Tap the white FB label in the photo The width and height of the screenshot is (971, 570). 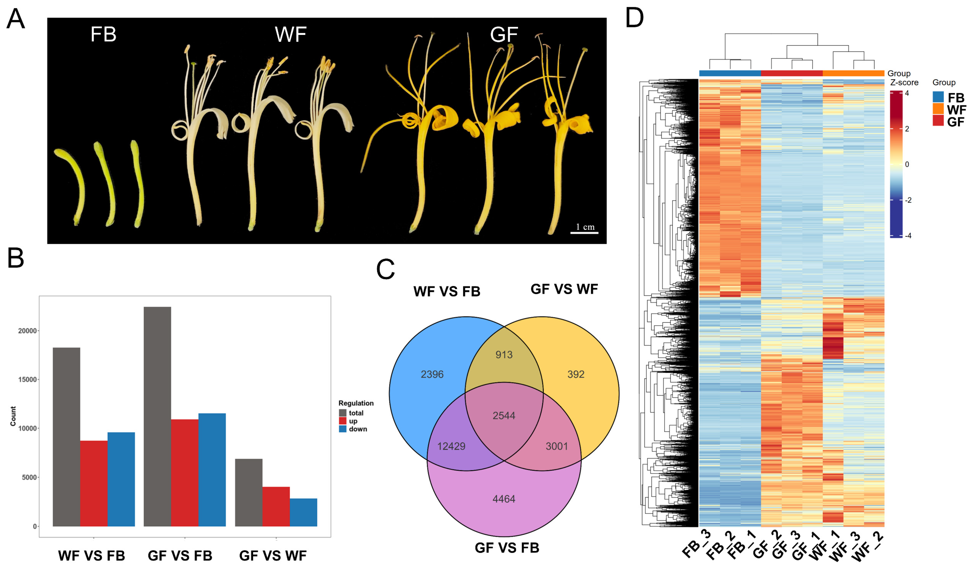[103, 34]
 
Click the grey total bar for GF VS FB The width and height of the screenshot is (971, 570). [157, 416]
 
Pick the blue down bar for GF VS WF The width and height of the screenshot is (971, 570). [303, 512]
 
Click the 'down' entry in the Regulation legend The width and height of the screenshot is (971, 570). [358, 429]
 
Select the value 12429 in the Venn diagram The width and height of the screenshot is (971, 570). [451, 446]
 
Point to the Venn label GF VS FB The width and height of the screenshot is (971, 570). [507, 548]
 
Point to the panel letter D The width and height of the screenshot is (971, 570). [634, 18]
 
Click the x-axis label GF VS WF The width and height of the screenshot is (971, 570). [273, 556]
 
